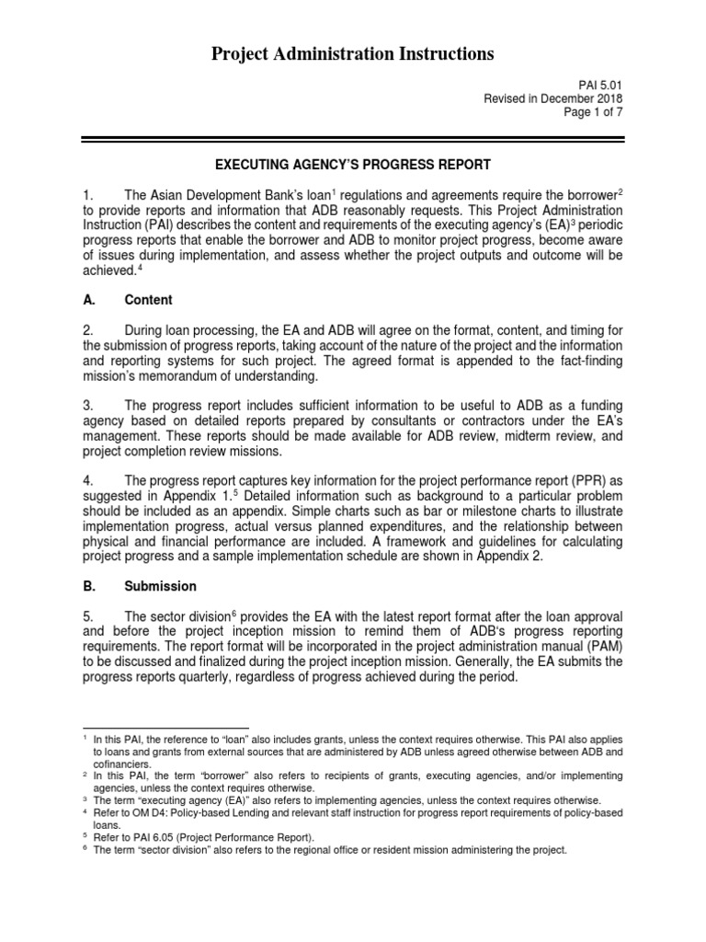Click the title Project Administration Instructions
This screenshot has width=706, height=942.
click(353, 54)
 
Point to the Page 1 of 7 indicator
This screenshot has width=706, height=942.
click(591, 113)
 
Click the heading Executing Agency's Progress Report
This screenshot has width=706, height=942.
click(353, 165)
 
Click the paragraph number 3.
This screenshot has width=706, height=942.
click(88, 406)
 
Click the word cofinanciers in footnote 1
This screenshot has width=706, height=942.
click(121, 764)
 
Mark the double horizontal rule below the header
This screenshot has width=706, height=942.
click(353, 139)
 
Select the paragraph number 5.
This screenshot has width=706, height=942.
click(88, 615)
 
